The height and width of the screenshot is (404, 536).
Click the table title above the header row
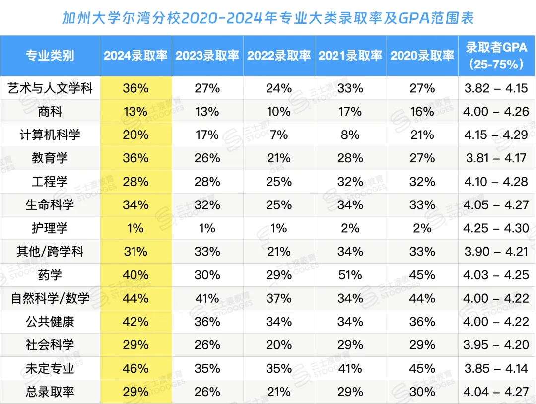pos(268,18)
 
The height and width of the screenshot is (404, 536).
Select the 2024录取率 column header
pos(135,55)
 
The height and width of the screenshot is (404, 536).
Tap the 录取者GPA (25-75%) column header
pos(496,55)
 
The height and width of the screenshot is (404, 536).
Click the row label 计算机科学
pos(50,135)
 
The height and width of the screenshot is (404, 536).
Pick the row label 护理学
pos(50,228)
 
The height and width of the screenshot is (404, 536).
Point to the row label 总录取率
pos(50,392)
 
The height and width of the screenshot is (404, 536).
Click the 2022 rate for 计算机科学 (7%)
pos(279,135)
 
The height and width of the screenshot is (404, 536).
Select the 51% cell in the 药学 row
pos(350,275)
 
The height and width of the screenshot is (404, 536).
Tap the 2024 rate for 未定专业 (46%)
pos(135,369)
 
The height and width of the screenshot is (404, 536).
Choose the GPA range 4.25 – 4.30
pos(496,228)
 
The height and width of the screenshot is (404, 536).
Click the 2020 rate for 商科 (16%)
pos(422,112)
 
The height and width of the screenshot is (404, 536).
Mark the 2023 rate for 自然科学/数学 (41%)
pos(207,298)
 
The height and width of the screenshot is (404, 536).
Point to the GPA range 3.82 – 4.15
pos(496,88)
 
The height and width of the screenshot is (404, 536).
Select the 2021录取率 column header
pos(350,55)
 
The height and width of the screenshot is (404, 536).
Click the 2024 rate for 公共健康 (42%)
pos(135,322)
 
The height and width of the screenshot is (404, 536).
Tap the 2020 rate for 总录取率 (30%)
pos(422,392)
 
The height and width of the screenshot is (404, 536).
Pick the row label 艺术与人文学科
pos(50,88)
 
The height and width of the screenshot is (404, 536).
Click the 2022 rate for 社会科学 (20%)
pos(279,345)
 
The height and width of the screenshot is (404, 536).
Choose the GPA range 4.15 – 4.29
pos(496,135)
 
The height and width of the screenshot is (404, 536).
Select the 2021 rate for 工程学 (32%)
pos(350,182)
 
